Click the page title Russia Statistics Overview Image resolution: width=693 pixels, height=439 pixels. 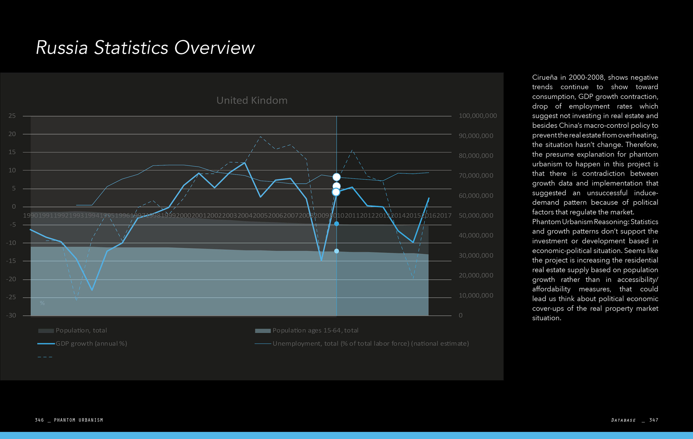pos(145,47)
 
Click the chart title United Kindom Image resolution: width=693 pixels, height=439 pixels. pos(252,100)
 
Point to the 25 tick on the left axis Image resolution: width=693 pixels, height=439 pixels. pos(12,116)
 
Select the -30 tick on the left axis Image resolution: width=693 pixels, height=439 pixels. pos(11,315)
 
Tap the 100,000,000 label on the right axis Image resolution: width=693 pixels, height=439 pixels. pos(478,116)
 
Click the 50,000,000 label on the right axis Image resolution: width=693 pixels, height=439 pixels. pos(476,216)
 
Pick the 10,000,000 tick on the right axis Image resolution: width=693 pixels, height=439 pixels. pos(476,295)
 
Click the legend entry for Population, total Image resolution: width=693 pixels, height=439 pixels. pos(81,330)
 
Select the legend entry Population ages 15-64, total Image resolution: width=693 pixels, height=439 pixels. pos(315,330)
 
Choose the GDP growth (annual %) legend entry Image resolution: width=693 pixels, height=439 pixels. pos(91,343)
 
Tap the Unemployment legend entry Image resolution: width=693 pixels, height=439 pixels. pos(370,343)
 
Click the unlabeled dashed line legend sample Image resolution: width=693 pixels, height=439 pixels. pos(45,357)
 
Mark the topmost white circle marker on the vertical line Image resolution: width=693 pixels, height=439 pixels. pos(336,177)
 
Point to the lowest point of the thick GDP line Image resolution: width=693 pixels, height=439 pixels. pos(92,290)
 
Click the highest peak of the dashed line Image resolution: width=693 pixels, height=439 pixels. pos(260,136)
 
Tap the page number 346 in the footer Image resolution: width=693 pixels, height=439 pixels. pos(39,420)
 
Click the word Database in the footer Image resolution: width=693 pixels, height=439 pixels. pos(623,420)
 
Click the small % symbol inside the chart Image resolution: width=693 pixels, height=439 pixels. pos(42,303)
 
